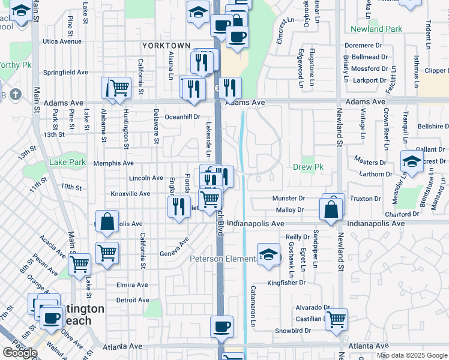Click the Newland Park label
[376, 29]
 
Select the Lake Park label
[67, 162]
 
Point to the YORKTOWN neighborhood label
[166, 46]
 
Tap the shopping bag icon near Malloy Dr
[331, 209]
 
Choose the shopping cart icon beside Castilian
[336, 319]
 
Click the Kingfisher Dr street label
[286, 283]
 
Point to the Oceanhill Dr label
[182, 117]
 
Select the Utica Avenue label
[62, 41]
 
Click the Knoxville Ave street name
[130, 194]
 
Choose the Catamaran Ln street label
[253, 306]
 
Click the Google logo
[20, 352]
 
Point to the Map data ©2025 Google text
[412, 355]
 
